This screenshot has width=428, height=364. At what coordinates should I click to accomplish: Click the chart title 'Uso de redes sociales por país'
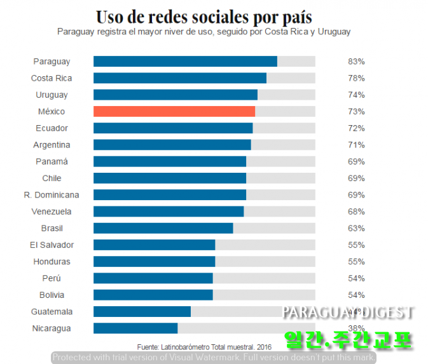coord(204,17)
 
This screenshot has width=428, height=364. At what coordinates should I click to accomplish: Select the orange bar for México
coord(174,112)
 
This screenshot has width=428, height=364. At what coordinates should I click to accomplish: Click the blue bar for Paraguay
coord(185,62)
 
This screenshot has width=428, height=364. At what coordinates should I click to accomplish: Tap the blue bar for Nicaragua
coord(135,328)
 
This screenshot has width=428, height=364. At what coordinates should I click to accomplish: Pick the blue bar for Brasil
coord(163,228)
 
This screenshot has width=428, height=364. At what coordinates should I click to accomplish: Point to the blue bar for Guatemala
coord(142,311)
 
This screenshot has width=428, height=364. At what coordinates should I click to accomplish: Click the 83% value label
coord(356,62)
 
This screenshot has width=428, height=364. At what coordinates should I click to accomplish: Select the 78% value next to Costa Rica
coord(356,78)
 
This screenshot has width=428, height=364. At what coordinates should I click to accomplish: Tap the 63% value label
coord(356,228)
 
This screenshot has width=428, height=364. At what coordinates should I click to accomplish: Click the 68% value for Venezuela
coord(356,212)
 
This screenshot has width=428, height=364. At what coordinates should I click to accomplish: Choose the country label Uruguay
coord(52,95)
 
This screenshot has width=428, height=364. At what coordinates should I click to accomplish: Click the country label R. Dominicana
coord(52,195)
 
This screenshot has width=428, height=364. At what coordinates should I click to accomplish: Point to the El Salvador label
coord(52,245)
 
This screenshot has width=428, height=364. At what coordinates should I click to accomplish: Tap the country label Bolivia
coord(52,295)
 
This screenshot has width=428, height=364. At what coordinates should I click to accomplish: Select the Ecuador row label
coord(52,128)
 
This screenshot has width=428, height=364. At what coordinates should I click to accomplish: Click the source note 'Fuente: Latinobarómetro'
coord(204,347)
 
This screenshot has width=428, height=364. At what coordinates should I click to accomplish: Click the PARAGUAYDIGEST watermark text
coord(348,313)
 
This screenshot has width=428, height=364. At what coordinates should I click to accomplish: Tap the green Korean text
coord(349,339)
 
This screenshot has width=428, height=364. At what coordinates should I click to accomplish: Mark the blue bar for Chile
coord(170,179)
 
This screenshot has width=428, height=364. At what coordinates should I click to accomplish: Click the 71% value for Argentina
coord(356,145)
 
